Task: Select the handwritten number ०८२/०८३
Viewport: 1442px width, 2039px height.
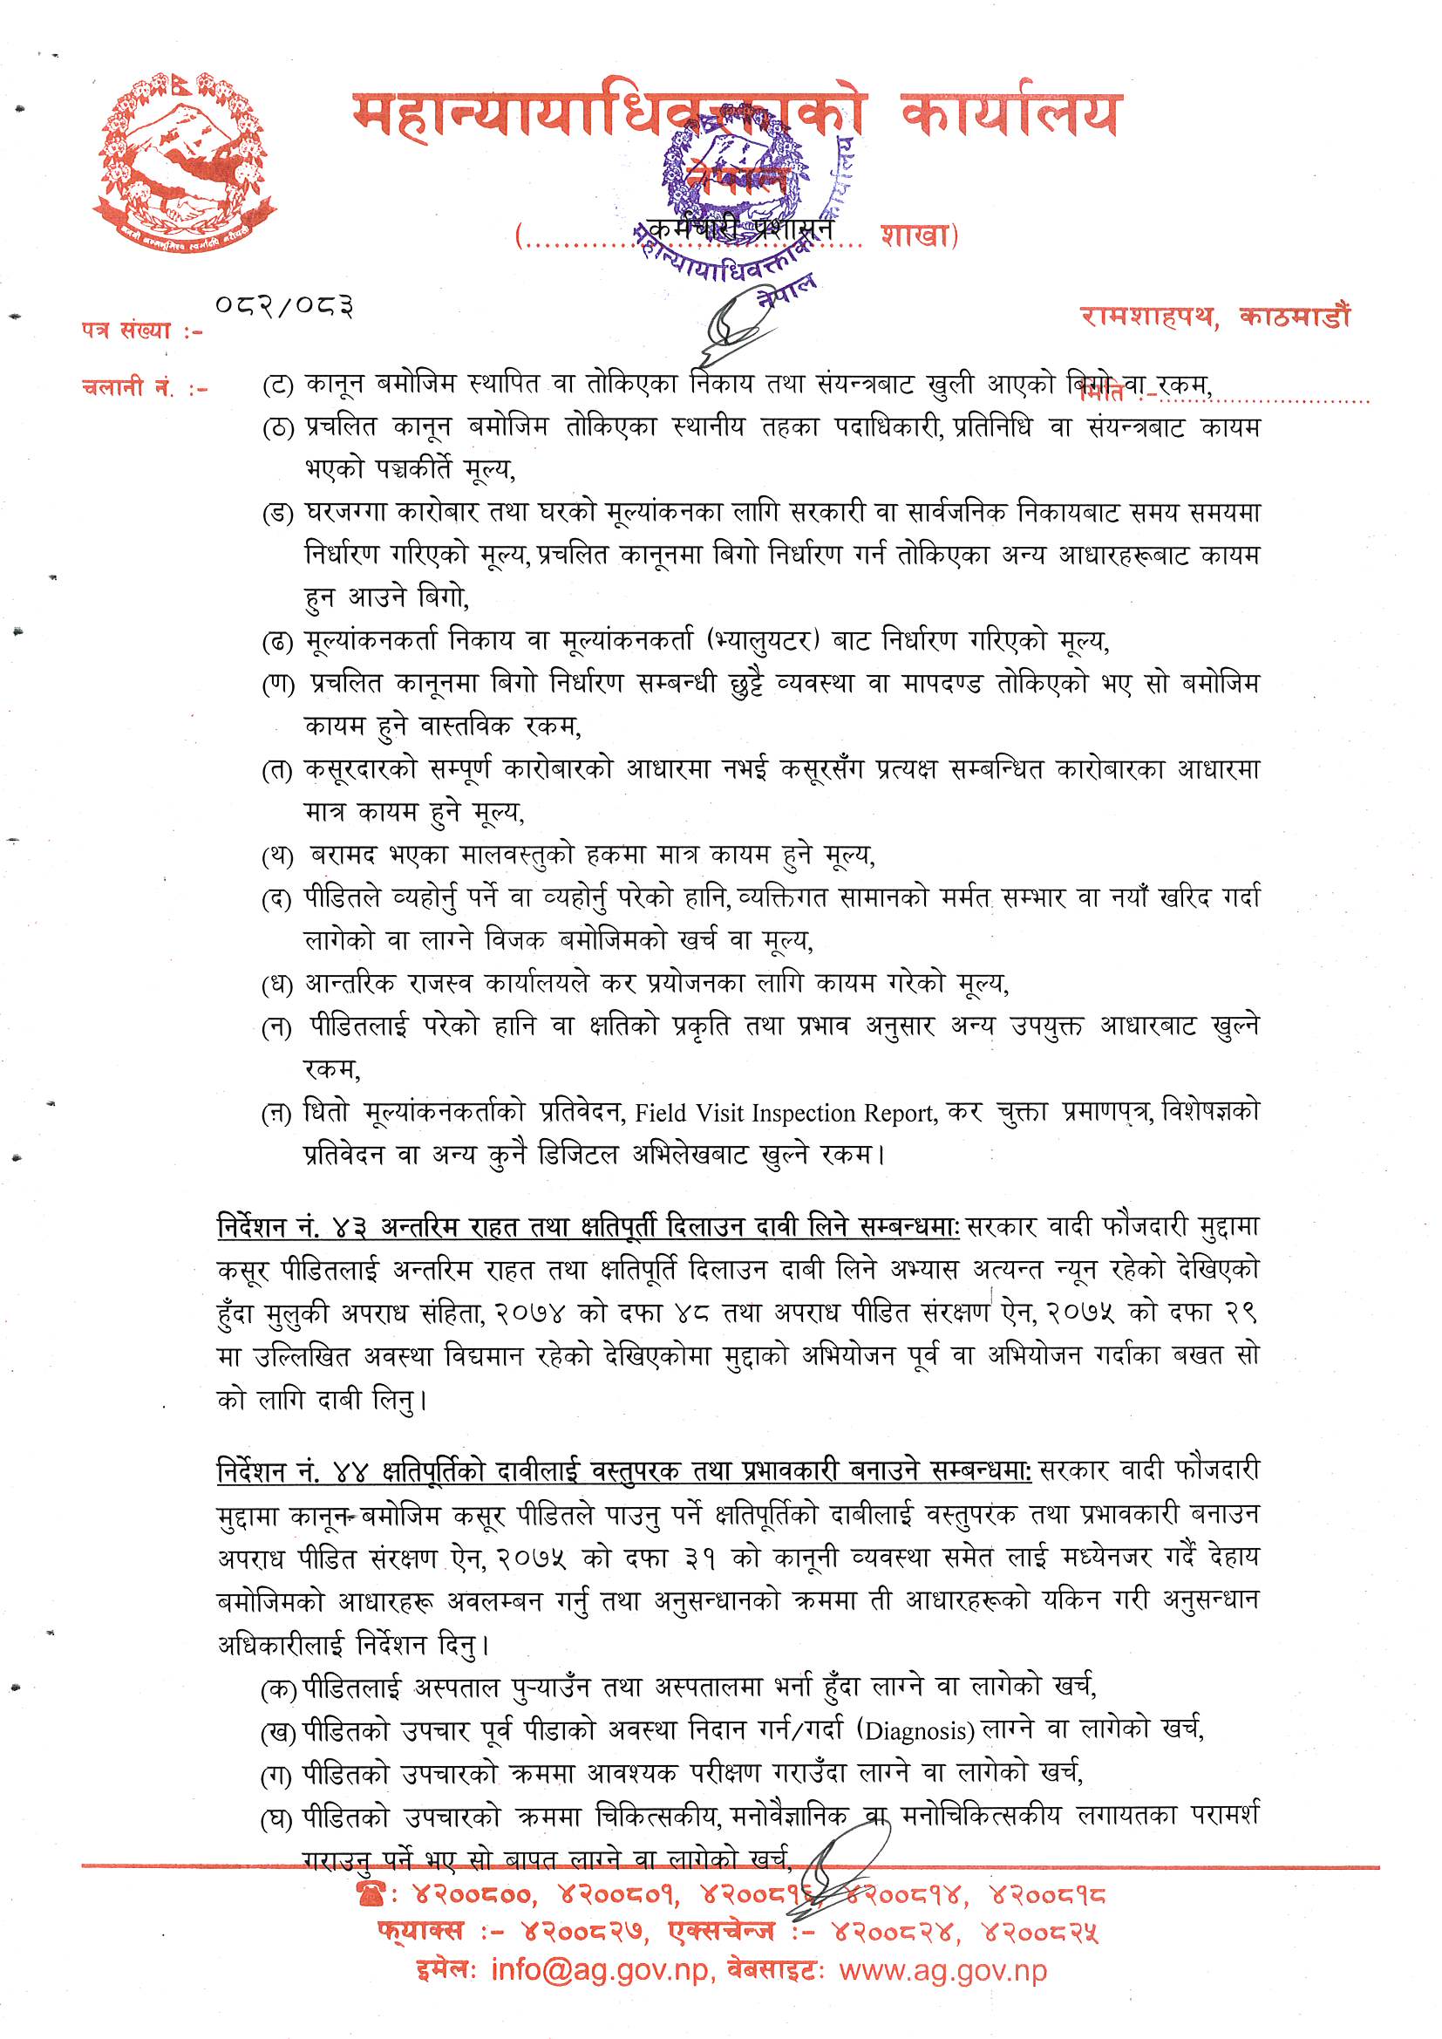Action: coord(284,306)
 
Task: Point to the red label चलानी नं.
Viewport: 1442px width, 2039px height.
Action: coord(133,388)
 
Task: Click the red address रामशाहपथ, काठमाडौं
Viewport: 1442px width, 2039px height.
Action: coord(1214,317)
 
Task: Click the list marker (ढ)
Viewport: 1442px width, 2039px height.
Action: coord(277,642)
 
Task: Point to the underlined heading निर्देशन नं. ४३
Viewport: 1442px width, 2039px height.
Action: coord(293,1227)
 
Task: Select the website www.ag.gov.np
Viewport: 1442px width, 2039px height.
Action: coord(943,1971)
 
